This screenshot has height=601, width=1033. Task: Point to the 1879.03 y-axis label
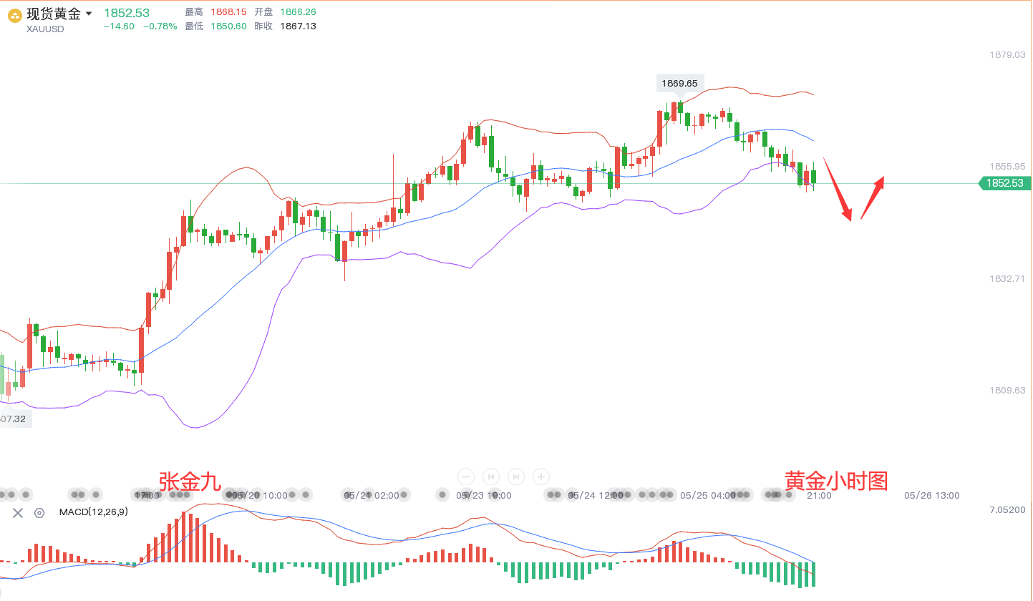tap(1007, 54)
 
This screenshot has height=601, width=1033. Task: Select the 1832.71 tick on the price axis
tap(1007, 278)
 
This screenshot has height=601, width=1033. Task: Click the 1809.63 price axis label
tap(1007, 391)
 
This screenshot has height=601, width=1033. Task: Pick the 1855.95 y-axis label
tap(1007, 166)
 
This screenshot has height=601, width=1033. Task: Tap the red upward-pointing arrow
tap(873, 197)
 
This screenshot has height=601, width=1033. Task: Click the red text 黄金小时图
tap(836, 481)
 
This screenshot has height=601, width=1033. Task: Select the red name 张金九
tap(190, 481)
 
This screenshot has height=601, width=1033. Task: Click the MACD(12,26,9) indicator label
tap(94, 512)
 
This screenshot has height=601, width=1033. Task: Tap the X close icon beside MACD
tap(18, 512)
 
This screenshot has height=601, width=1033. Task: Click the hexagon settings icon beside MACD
tap(39, 512)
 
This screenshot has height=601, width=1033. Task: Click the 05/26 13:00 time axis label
tap(931, 495)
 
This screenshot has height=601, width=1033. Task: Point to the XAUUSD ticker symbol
tap(45, 29)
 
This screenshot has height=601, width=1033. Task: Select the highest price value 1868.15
tap(228, 12)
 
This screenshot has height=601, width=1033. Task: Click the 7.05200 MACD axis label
tap(1007, 509)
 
